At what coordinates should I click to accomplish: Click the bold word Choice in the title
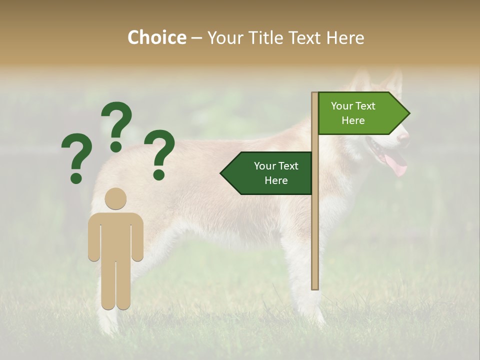(156, 37)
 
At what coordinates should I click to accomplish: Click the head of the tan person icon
(115, 198)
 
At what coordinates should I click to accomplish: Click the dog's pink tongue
(398, 165)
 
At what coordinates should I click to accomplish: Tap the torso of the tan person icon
(115, 235)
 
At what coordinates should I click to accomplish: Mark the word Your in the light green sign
(341, 106)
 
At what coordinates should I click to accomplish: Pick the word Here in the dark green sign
(276, 180)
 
